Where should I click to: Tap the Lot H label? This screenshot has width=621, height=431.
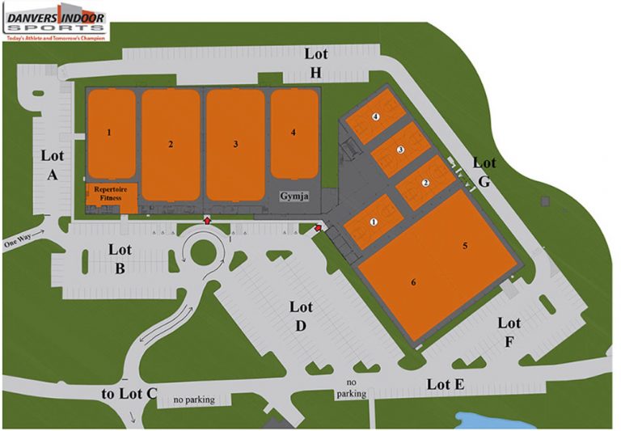(x=315, y=63)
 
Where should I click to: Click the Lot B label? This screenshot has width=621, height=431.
(x=120, y=259)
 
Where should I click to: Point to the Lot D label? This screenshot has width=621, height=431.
(x=300, y=316)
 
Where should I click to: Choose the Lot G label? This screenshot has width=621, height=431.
(x=484, y=172)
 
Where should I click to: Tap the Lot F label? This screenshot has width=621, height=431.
(x=509, y=332)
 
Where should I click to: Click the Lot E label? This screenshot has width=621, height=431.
(x=446, y=384)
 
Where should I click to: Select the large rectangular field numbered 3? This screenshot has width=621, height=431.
(x=234, y=144)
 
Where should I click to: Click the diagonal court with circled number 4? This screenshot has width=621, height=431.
(x=375, y=116)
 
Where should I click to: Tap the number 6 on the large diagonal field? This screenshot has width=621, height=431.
(x=413, y=282)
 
